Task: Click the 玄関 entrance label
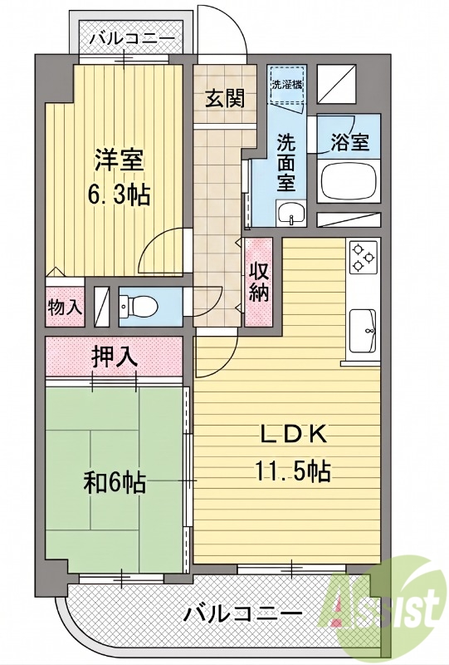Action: (225, 99)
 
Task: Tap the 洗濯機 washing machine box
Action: (288, 85)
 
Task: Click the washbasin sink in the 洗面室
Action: (291, 214)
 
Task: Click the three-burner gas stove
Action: (363, 257)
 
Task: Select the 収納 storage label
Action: (259, 282)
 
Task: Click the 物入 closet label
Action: (65, 307)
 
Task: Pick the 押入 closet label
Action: (115, 357)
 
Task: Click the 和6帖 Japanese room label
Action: (115, 483)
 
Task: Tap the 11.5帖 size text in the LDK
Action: (292, 470)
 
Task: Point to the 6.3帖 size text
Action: (119, 195)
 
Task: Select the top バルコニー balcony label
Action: (132, 39)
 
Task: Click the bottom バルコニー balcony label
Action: (242, 613)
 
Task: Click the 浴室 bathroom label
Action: (349, 142)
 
